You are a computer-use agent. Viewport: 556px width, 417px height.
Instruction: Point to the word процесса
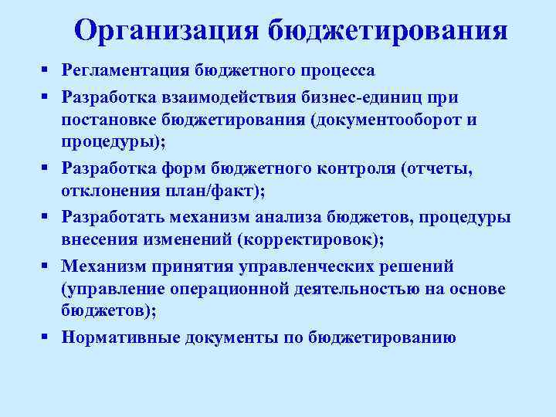point(338,71)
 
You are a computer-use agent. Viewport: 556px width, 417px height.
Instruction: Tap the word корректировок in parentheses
point(306,239)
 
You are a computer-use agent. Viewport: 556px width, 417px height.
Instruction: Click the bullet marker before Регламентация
point(47,71)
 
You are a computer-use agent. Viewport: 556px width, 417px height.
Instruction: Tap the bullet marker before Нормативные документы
point(47,337)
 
